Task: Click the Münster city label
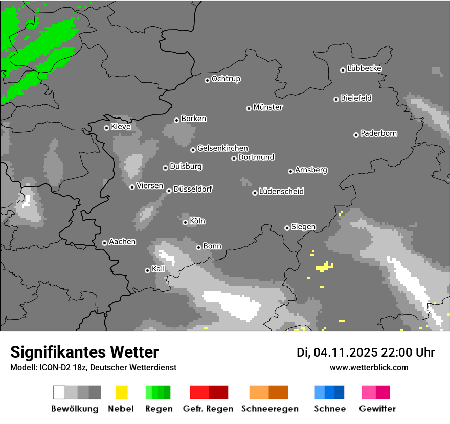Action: (x=268, y=107)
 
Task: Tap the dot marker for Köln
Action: (x=185, y=222)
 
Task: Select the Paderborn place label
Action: (x=378, y=134)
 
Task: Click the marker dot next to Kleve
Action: (x=106, y=128)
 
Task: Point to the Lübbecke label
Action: (x=364, y=68)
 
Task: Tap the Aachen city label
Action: (x=122, y=242)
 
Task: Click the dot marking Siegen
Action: (x=287, y=228)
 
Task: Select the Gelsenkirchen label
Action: (x=222, y=148)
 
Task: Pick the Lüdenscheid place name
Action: (x=281, y=192)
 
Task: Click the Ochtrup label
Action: (x=226, y=79)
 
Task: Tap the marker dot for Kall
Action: (x=147, y=270)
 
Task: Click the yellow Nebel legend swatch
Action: (x=121, y=392)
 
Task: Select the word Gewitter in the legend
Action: (x=377, y=409)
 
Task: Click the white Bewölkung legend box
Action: (x=59, y=392)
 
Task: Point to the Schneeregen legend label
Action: (x=269, y=409)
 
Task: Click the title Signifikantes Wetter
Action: (x=84, y=352)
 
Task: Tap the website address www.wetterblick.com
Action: (x=369, y=367)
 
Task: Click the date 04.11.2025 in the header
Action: (x=345, y=352)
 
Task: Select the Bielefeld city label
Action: (x=356, y=98)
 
